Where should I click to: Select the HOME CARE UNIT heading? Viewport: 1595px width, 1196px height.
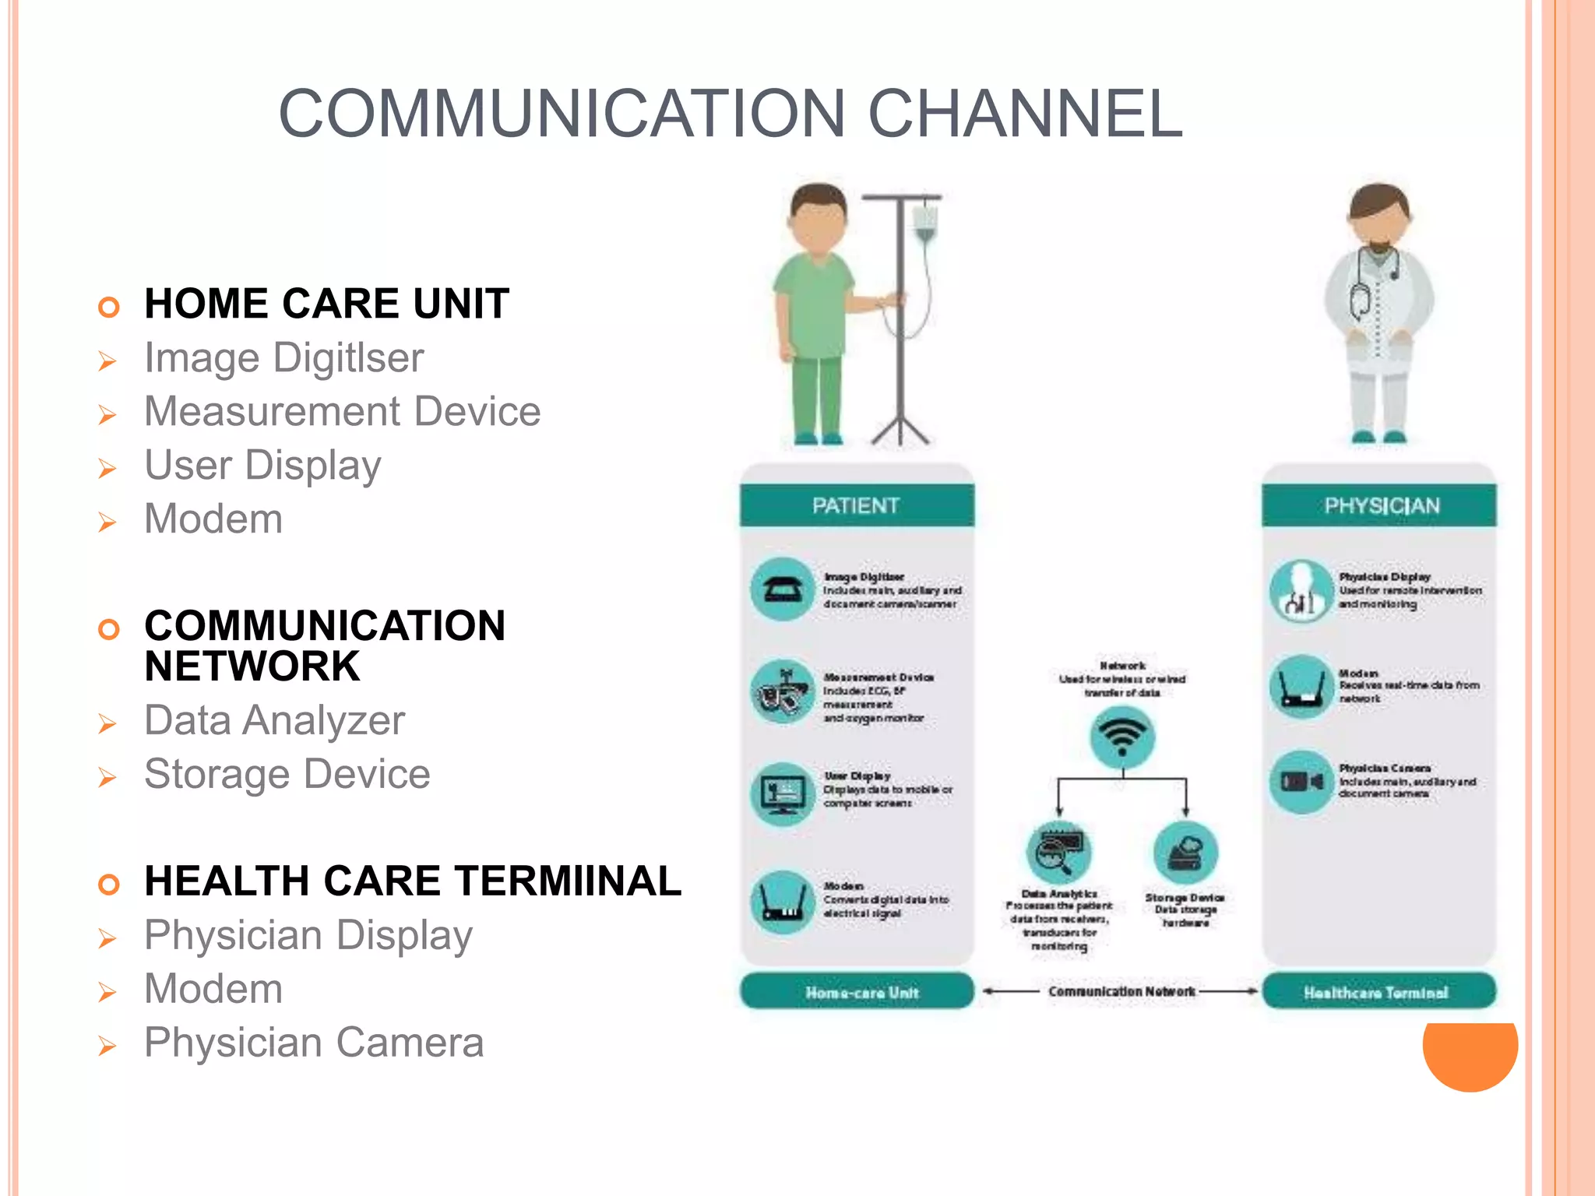(x=326, y=304)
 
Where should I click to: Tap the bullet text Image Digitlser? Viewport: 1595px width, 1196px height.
(x=284, y=358)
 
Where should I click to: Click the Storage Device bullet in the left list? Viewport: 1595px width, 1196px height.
(x=287, y=774)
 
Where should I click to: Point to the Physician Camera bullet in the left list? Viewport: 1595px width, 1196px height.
(x=314, y=1043)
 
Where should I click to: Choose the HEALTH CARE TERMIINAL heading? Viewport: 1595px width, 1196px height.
(x=413, y=881)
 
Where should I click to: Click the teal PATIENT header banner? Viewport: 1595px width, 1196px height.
(x=856, y=506)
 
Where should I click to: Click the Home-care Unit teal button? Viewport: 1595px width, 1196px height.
(x=857, y=992)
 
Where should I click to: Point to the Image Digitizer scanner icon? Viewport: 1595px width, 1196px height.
(x=783, y=589)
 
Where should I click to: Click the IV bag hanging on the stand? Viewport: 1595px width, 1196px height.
(x=924, y=221)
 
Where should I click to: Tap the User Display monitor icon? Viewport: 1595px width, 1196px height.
(x=783, y=793)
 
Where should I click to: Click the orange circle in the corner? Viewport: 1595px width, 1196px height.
(x=1470, y=1055)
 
